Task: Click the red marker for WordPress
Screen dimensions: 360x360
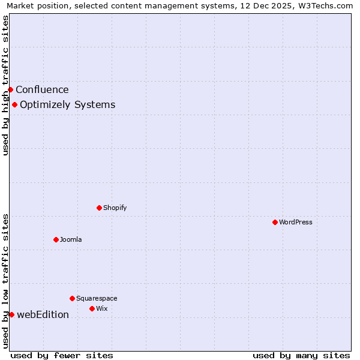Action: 275,222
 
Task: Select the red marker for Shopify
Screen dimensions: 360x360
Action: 99,208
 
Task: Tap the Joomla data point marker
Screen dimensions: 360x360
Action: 56,239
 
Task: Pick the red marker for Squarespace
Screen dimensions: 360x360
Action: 72,298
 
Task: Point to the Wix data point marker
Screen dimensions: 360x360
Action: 92,308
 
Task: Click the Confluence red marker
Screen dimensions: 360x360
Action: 10,89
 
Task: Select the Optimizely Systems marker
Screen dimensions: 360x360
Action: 14,104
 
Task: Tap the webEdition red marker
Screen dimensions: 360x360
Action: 11,314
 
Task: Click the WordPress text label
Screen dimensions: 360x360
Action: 296,222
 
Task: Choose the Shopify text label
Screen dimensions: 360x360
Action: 115,208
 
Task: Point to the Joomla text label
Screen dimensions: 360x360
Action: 71,239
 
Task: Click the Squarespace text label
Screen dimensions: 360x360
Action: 97,298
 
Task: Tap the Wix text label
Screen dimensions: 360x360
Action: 102,308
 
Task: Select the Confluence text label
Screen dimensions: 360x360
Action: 42,90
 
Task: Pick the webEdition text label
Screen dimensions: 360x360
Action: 43,314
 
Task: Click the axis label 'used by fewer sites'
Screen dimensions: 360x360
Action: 62,355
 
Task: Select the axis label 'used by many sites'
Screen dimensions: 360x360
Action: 301,355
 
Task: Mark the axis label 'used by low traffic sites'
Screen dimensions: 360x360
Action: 6,281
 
